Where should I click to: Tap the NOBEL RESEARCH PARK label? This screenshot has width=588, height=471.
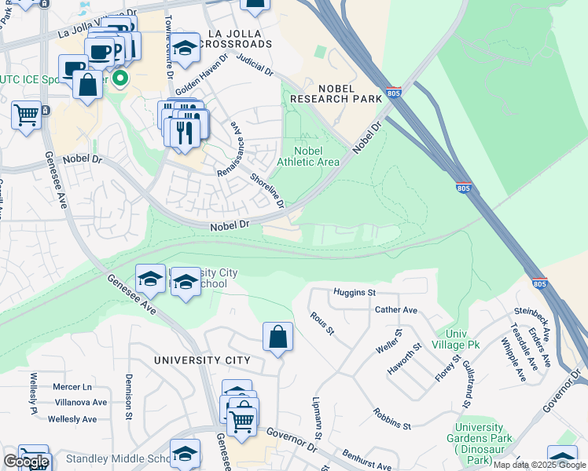pos(336,93)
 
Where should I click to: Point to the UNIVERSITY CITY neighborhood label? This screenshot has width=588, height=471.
pos(202,360)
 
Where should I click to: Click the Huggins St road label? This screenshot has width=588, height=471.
pos(354,293)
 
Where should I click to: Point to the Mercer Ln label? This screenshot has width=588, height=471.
pos(72,387)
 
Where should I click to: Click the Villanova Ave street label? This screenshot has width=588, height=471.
pos(79,403)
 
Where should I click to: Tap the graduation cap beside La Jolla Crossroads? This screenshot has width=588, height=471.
pos(186,49)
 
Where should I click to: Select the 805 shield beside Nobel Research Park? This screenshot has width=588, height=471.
pos(394,93)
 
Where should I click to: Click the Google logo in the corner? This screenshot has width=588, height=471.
pos(26,462)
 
